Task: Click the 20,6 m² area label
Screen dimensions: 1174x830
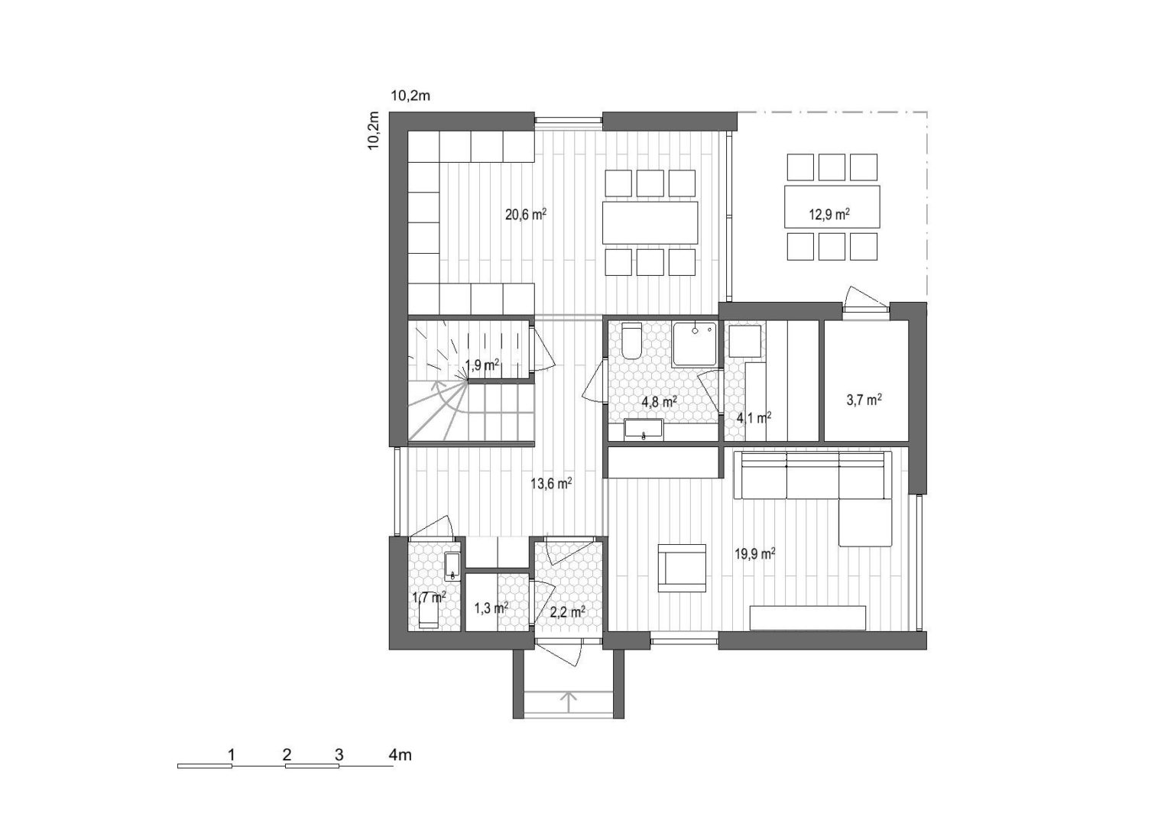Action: click(526, 215)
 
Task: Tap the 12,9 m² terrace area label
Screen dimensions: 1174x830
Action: click(829, 214)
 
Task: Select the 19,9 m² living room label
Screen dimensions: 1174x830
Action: click(755, 554)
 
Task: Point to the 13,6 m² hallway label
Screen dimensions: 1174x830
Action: click(551, 482)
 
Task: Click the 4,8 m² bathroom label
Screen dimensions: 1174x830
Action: click(659, 402)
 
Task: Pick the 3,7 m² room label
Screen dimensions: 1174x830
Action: click(864, 400)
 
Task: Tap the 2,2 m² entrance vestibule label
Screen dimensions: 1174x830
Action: click(568, 611)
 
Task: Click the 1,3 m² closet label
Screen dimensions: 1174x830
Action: click(491, 608)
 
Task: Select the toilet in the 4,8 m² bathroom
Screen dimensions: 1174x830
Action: click(631, 341)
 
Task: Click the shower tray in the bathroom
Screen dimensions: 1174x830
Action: click(695, 344)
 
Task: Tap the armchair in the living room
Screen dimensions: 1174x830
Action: click(682, 568)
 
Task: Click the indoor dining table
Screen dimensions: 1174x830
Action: click(650, 222)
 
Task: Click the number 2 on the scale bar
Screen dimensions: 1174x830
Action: click(287, 755)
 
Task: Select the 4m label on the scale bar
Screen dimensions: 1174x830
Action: click(400, 755)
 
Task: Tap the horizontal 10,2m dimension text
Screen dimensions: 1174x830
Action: click(410, 96)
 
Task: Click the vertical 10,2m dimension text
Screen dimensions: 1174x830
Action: click(374, 131)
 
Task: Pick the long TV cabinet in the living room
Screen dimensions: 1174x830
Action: click(807, 618)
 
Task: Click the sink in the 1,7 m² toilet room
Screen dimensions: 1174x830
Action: click(452, 566)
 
